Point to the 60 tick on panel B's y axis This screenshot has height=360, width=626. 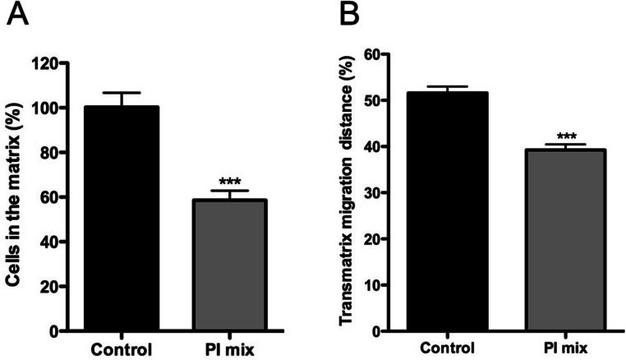coord(394,54)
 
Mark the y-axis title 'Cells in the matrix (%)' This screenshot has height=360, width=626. coord(15,197)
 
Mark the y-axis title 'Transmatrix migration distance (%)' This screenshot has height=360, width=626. coord(348,193)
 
